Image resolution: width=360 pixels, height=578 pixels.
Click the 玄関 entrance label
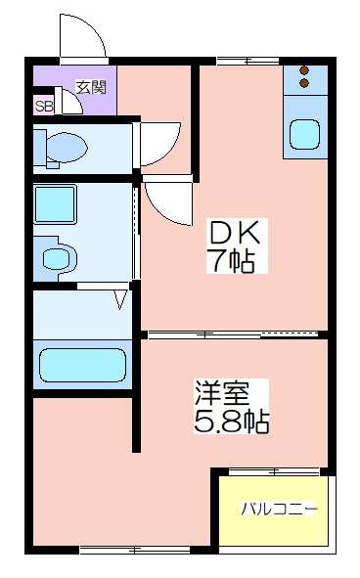(x=91, y=87)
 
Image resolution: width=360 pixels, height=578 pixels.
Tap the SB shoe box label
(x=44, y=107)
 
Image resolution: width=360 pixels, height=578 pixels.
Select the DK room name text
(x=235, y=233)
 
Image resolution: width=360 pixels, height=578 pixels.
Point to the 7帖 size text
(x=232, y=260)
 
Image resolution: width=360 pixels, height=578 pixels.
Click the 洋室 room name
(x=222, y=393)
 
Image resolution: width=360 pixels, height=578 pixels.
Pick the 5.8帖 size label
(x=231, y=421)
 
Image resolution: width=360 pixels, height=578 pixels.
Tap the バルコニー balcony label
(x=279, y=509)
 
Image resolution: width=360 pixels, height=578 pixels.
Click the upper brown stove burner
(x=304, y=70)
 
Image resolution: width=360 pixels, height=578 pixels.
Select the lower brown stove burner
(x=304, y=83)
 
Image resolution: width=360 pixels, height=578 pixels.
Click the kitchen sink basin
(x=304, y=134)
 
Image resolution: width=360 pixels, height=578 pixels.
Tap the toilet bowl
(x=67, y=148)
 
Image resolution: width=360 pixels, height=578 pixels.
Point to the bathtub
(x=82, y=365)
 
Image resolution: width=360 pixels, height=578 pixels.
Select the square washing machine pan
(x=55, y=204)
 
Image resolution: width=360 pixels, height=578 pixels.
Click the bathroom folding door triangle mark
(x=120, y=299)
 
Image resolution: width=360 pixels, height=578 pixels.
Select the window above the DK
(x=247, y=61)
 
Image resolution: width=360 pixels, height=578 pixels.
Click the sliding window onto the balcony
(x=273, y=471)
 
